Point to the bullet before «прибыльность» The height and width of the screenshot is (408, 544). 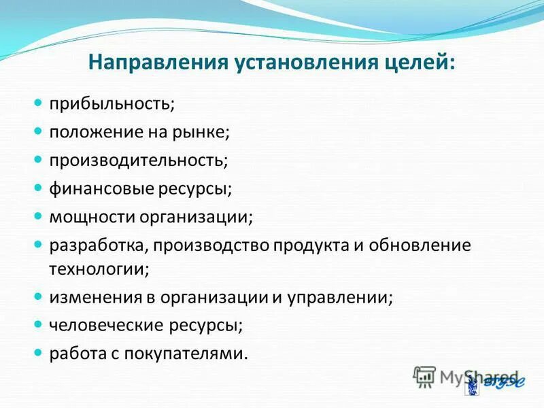(39, 103)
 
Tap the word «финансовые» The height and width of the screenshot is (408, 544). (91, 189)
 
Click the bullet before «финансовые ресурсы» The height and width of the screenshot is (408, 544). (39, 188)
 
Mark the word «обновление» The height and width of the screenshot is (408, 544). (422, 245)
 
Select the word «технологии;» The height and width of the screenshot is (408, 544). (99, 269)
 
